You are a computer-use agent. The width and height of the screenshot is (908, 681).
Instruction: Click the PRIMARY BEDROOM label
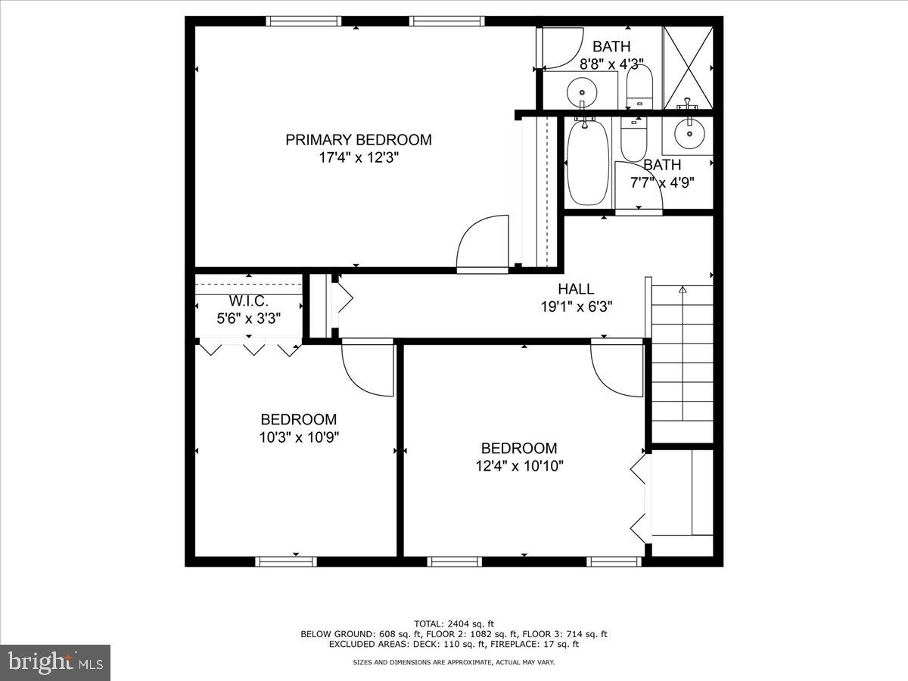[358, 140]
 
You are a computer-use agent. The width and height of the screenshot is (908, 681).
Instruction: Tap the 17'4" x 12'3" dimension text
[358, 158]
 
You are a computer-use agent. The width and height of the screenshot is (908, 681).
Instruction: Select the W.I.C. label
[248, 301]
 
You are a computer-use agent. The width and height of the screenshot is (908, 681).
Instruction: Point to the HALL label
[576, 289]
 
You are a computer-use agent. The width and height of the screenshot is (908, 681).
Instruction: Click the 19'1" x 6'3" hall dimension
[576, 306]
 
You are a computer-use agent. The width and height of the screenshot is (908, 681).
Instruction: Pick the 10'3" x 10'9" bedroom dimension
[298, 437]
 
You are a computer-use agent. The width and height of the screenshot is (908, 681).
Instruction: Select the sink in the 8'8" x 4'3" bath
[582, 89]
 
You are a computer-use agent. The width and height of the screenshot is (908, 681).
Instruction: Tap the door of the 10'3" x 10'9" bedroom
[368, 369]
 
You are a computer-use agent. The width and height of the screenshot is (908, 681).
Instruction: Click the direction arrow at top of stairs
[682, 289]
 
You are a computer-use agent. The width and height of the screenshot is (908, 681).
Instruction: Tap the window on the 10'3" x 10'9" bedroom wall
[286, 561]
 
